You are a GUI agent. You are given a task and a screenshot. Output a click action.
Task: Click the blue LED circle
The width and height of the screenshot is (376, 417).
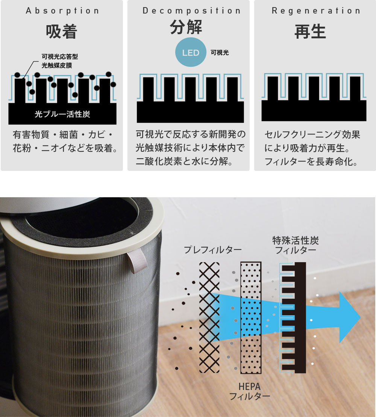(x=191, y=52)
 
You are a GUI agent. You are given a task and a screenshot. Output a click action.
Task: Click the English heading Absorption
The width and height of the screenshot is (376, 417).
(x=62, y=11)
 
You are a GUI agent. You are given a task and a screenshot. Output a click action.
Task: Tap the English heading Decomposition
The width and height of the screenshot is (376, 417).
(x=191, y=11)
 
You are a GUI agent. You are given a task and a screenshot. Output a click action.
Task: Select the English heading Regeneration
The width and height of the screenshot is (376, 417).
(x=316, y=11)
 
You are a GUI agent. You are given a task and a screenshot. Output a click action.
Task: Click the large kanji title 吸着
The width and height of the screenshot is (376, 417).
(x=61, y=32)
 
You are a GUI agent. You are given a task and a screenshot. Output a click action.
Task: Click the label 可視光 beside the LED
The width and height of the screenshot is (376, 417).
(x=220, y=53)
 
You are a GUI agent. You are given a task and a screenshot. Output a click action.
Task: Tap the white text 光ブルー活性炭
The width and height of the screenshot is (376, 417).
(x=62, y=114)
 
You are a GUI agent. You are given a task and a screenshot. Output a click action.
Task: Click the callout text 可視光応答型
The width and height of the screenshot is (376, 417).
(x=60, y=56)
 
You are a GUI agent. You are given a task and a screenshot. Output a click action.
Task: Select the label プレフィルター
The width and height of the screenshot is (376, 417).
(x=212, y=249)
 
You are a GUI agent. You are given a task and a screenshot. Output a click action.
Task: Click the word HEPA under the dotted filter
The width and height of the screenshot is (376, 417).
(x=249, y=387)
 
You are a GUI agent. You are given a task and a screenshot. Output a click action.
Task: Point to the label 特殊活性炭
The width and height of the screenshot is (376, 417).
(x=296, y=240)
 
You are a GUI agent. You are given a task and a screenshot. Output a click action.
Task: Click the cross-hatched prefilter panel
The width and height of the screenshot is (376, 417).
(x=209, y=317)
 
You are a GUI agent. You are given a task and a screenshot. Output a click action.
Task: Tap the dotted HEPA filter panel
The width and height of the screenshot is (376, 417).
(x=251, y=317)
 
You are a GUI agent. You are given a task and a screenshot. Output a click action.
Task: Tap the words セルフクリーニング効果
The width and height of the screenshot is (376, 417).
(x=312, y=134)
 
